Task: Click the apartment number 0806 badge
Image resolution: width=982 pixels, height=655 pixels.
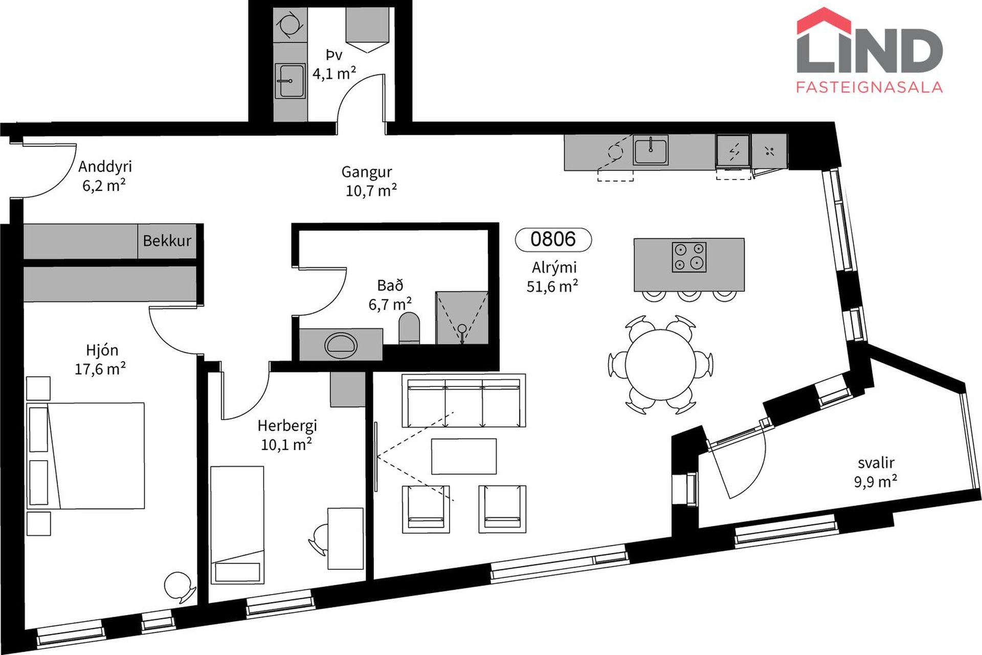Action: click(553, 239)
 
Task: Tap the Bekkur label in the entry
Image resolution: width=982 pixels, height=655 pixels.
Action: click(167, 241)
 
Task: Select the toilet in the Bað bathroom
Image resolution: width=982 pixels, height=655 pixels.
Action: click(409, 328)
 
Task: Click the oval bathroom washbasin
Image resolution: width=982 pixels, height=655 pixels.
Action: click(340, 345)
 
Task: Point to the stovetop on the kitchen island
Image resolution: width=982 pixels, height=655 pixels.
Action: click(689, 257)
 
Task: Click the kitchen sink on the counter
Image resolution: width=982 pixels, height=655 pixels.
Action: click(651, 149)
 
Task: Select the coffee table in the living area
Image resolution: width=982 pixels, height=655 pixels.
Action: click(464, 456)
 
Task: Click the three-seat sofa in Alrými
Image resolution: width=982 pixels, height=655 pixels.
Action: click(464, 401)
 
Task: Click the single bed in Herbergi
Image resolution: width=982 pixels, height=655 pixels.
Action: click(237, 525)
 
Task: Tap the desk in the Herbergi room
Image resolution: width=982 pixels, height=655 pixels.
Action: click(346, 538)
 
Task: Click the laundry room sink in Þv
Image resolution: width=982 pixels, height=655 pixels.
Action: click(290, 80)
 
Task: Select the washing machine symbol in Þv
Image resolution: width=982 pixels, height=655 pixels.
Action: click(290, 25)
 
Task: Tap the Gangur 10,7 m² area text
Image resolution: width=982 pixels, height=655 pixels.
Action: click(369, 181)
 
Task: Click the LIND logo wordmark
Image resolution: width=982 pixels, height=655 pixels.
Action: click(869, 50)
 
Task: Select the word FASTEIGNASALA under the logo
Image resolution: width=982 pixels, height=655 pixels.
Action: click(869, 87)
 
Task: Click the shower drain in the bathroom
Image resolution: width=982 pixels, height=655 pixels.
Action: click(462, 329)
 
